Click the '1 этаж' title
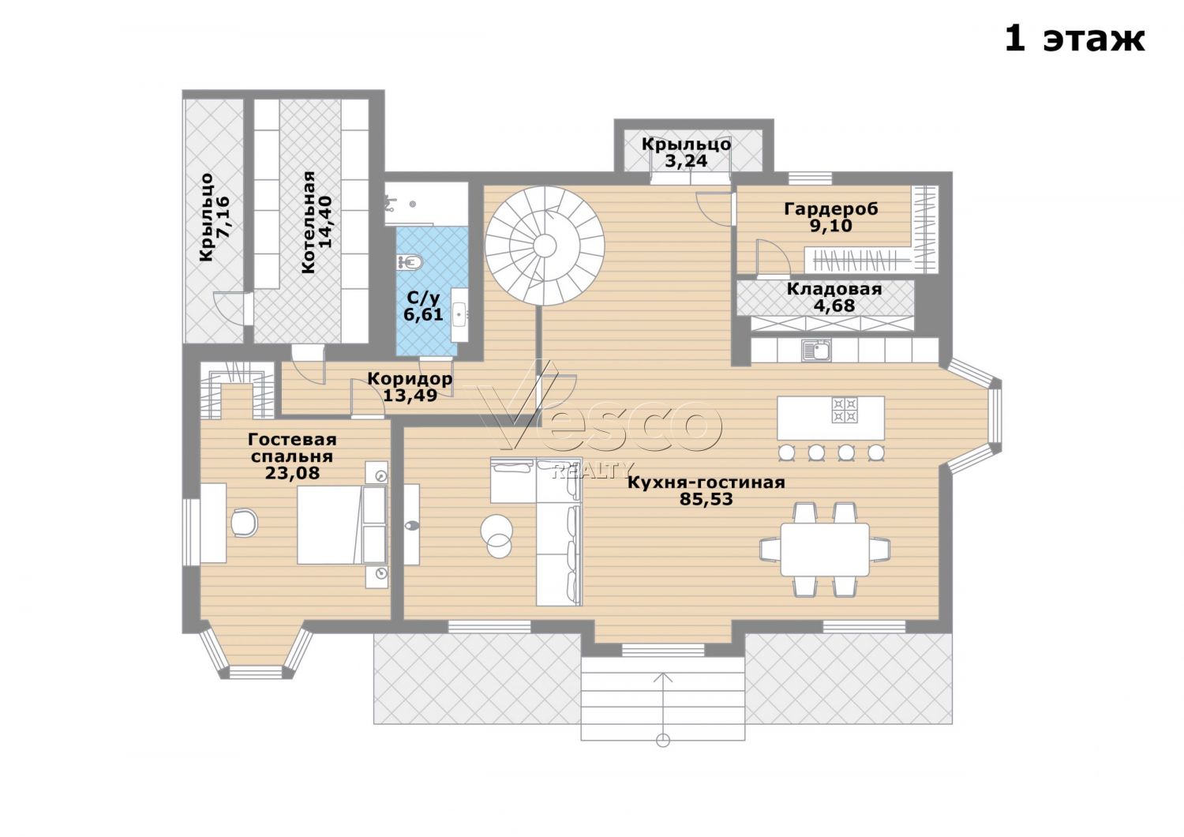click(1073, 39)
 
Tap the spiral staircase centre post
click(545, 246)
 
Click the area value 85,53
click(706, 499)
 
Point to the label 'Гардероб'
click(831, 208)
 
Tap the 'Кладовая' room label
click(834, 289)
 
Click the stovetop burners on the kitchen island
click(845, 410)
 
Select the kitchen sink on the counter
click(817, 350)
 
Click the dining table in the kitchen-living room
click(825, 550)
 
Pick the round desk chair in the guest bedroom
click(245, 523)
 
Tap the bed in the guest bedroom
click(342, 524)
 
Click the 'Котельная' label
click(309, 222)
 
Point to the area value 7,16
click(223, 217)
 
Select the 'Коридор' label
click(410, 378)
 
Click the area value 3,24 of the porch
click(686, 161)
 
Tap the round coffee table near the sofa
click(496, 535)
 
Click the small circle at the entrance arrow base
click(663, 740)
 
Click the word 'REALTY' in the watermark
click(593, 470)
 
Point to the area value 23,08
click(292, 473)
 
